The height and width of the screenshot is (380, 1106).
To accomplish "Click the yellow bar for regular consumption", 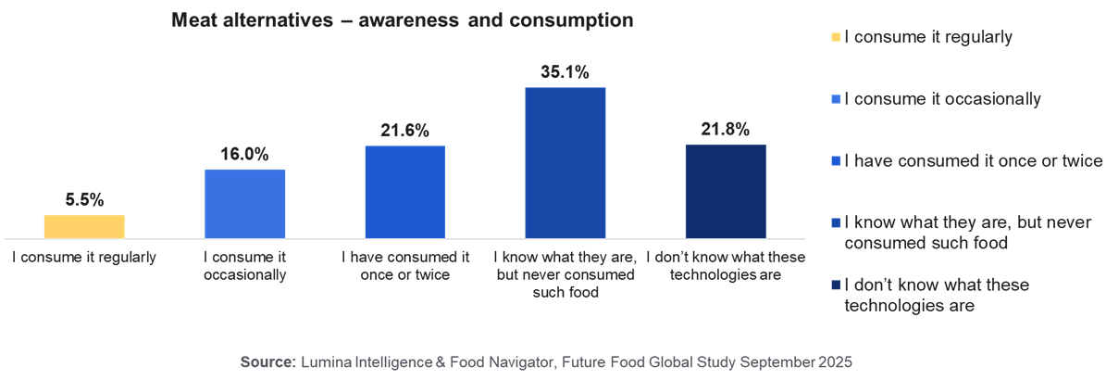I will click(x=84, y=227).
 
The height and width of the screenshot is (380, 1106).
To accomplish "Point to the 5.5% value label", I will click(x=84, y=199).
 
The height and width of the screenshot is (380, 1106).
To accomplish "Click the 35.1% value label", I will click(x=565, y=71).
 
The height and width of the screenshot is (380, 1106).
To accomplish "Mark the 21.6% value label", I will click(x=405, y=131).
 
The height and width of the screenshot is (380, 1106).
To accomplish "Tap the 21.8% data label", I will click(x=726, y=130).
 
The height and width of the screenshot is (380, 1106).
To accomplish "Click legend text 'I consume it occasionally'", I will click(x=936, y=99).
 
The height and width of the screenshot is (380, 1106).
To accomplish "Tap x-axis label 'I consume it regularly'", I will click(x=84, y=257).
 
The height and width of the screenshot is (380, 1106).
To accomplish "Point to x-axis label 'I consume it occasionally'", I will click(x=245, y=265).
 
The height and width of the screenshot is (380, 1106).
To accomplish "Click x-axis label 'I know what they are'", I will click(x=565, y=257).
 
